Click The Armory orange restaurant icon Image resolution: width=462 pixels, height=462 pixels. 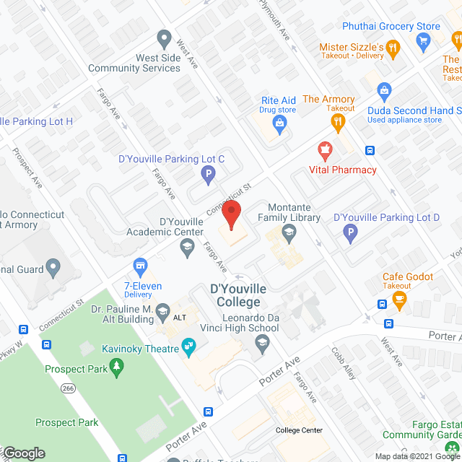point(336,123)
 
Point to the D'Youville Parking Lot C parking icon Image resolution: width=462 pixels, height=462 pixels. point(208,174)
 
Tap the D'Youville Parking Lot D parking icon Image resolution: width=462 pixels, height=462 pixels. point(349,232)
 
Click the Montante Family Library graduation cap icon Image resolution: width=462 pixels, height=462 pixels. point(289,232)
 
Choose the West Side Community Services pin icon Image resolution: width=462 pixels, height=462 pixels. point(164,38)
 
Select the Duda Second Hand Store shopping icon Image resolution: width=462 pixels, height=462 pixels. point(384,90)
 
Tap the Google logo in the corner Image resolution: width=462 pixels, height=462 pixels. point(23,453)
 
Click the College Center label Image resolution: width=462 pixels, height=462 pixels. point(299,430)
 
